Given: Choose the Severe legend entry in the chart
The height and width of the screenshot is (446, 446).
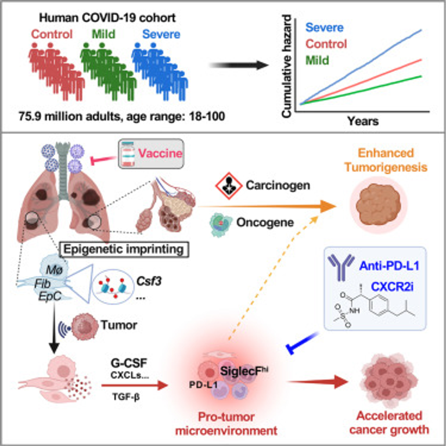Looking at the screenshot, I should pyautogui.click(x=323, y=28).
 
